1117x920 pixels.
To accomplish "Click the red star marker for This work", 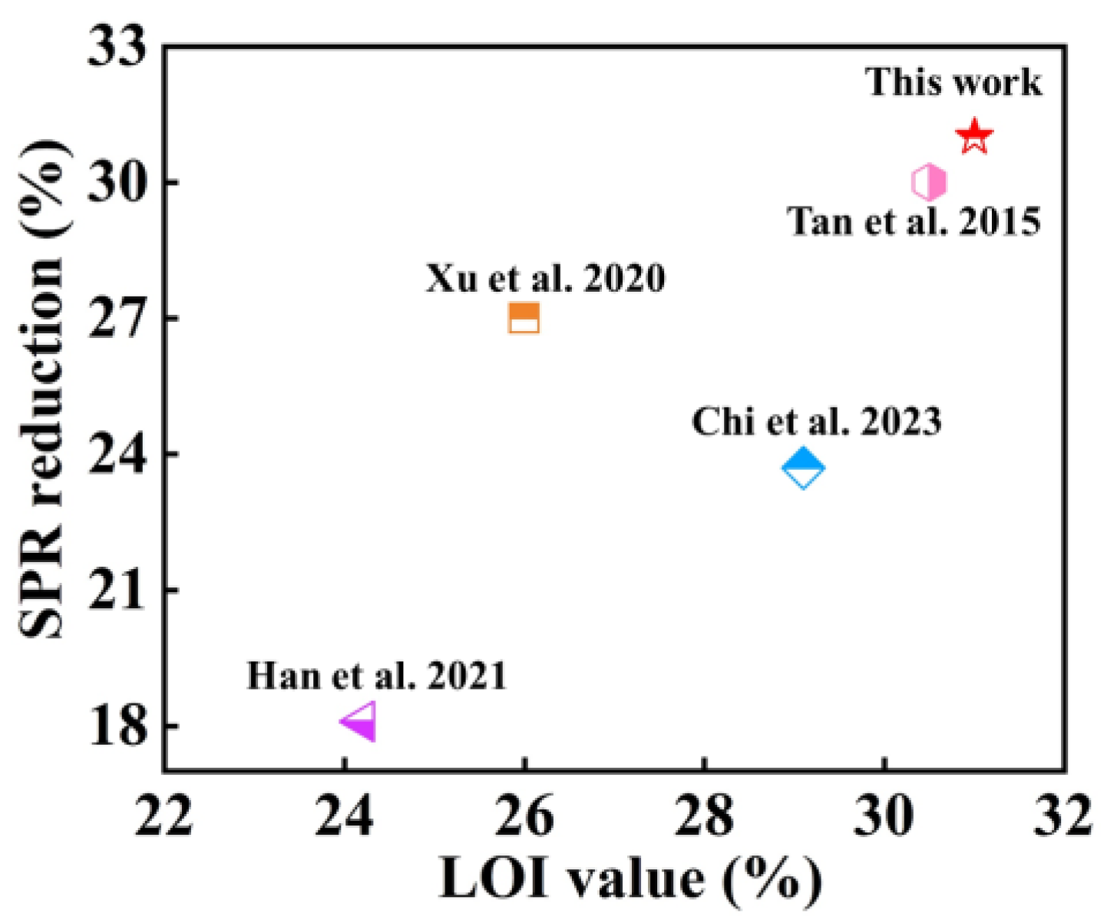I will coord(974,137).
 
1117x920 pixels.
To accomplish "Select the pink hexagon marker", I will coord(929,183).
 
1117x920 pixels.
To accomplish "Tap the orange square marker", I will coord(524,318).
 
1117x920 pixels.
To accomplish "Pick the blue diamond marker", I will coord(803,468).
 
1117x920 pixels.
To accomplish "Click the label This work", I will coord(953,82).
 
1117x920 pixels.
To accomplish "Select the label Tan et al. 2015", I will coord(914,222).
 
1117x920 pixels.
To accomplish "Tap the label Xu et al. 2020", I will coord(545,278).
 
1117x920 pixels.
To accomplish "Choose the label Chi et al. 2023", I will coord(816,422).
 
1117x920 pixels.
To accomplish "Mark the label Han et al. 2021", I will coord(376,676).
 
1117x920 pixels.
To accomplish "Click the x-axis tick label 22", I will coord(164,816).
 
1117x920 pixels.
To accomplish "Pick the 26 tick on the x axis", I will coord(524,816).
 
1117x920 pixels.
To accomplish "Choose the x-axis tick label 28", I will coord(704,816).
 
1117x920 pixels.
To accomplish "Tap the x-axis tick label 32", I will coord(1063,816).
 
